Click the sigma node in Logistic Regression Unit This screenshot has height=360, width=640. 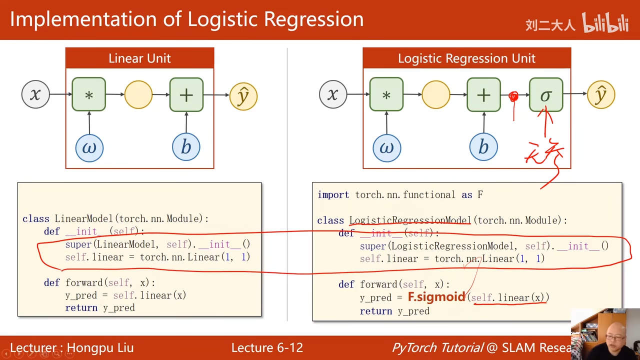(546, 94)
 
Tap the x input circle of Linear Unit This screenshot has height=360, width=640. (35, 94)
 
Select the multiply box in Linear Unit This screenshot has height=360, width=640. (88, 94)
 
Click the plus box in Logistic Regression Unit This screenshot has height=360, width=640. (483, 94)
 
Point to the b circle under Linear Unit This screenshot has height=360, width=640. (186, 147)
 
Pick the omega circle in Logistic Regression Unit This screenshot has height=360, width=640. (386, 147)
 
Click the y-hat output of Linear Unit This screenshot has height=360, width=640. (243, 96)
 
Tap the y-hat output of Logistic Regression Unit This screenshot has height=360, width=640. (600, 94)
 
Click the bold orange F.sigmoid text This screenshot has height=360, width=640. (436, 297)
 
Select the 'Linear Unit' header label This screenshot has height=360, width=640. (139, 58)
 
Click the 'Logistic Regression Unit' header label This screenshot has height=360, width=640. (466, 58)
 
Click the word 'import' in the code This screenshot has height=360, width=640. (333, 195)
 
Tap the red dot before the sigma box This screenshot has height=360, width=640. (513, 96)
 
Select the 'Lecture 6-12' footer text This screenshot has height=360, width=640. (267, 348)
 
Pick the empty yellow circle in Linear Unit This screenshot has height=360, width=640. (138, 94)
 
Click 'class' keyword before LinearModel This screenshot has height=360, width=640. (35, 219)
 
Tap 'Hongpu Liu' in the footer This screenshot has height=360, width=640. (100, 348)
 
